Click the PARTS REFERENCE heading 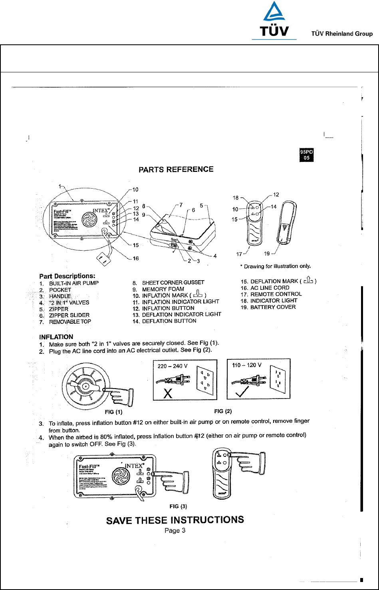(x=176, y=169)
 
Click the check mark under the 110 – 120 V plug (x=241, y=391)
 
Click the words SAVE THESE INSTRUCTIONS (x=175, y=520)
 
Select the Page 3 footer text (x=175, y=531)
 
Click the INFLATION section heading (x=56, y=337)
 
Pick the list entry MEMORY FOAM (x=163, y=289)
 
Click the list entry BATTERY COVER (x=273, y=307)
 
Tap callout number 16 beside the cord (x=136, y=259)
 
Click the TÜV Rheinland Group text (x=342, y=34)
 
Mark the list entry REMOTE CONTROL (x=276, y=294)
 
